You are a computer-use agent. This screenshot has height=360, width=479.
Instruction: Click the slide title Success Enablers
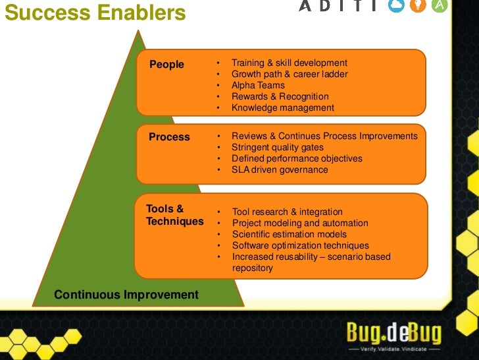click(95, 13)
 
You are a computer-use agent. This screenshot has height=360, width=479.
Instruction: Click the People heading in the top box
click(166, 65)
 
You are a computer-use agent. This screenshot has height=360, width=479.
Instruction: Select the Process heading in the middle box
click(169, 137)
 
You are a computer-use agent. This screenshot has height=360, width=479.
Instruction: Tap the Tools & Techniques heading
click(174, 215)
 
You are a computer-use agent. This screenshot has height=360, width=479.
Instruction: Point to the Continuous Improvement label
click(126, 295)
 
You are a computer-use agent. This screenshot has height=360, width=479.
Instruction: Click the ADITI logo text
click(338, 6)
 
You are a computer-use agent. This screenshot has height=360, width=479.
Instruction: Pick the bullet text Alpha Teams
click(258, 85)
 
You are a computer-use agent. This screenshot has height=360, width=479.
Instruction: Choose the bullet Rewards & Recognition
click(280, 96)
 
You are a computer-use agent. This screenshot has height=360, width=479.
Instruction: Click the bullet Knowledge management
click(282, 107)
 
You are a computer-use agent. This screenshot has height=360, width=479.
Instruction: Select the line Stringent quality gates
click(278, 147)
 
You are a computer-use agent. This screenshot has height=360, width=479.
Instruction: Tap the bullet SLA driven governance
click(279, 169)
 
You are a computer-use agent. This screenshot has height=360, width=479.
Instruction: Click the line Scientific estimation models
click(289, 234)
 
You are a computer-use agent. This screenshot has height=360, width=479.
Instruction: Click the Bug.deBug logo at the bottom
click(394, 332)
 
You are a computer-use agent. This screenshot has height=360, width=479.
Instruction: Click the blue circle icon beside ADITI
click(397, 6)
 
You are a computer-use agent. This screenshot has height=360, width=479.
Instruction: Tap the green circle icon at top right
click(439, 6)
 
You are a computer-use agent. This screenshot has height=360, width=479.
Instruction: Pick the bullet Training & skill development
click(289, 63)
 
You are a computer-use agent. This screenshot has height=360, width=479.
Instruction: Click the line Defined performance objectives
click(297, 158)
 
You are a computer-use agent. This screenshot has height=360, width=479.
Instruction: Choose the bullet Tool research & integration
click(287, 212)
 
